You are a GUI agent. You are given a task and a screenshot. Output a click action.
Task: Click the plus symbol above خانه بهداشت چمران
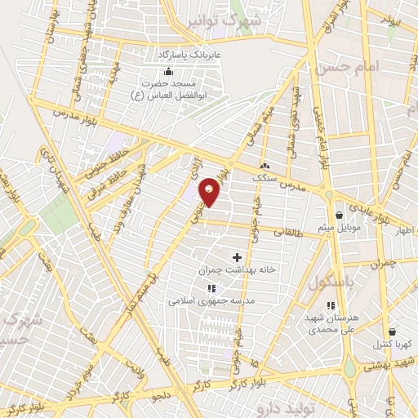tap(237, 257)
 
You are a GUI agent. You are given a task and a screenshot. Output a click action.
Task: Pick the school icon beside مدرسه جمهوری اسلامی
tap(211, 288)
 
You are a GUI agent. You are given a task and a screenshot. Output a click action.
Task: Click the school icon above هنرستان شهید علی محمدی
tap(330, 306)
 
